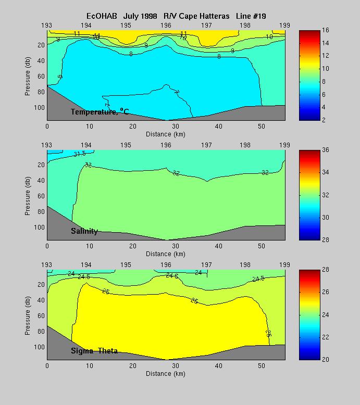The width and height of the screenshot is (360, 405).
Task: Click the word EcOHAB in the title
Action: click(x=103, y=16)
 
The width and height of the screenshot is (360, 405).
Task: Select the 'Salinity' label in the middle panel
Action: click(x=84, y=231)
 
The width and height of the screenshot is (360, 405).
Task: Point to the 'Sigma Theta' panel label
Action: click(x=94, y=351)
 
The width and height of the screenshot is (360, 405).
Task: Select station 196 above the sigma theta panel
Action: click(x=166, y=264)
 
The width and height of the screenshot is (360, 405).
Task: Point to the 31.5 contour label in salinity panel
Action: click(x=80, y=154)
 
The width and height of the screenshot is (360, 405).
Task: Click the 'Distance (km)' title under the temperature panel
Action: click(x=166, y=134)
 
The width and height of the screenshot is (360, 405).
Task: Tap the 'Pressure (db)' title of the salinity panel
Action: click(x=27, y=195)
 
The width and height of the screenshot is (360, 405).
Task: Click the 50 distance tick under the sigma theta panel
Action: click(x=262, y=366)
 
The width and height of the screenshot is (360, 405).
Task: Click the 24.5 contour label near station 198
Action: click(x=258, y=279)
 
